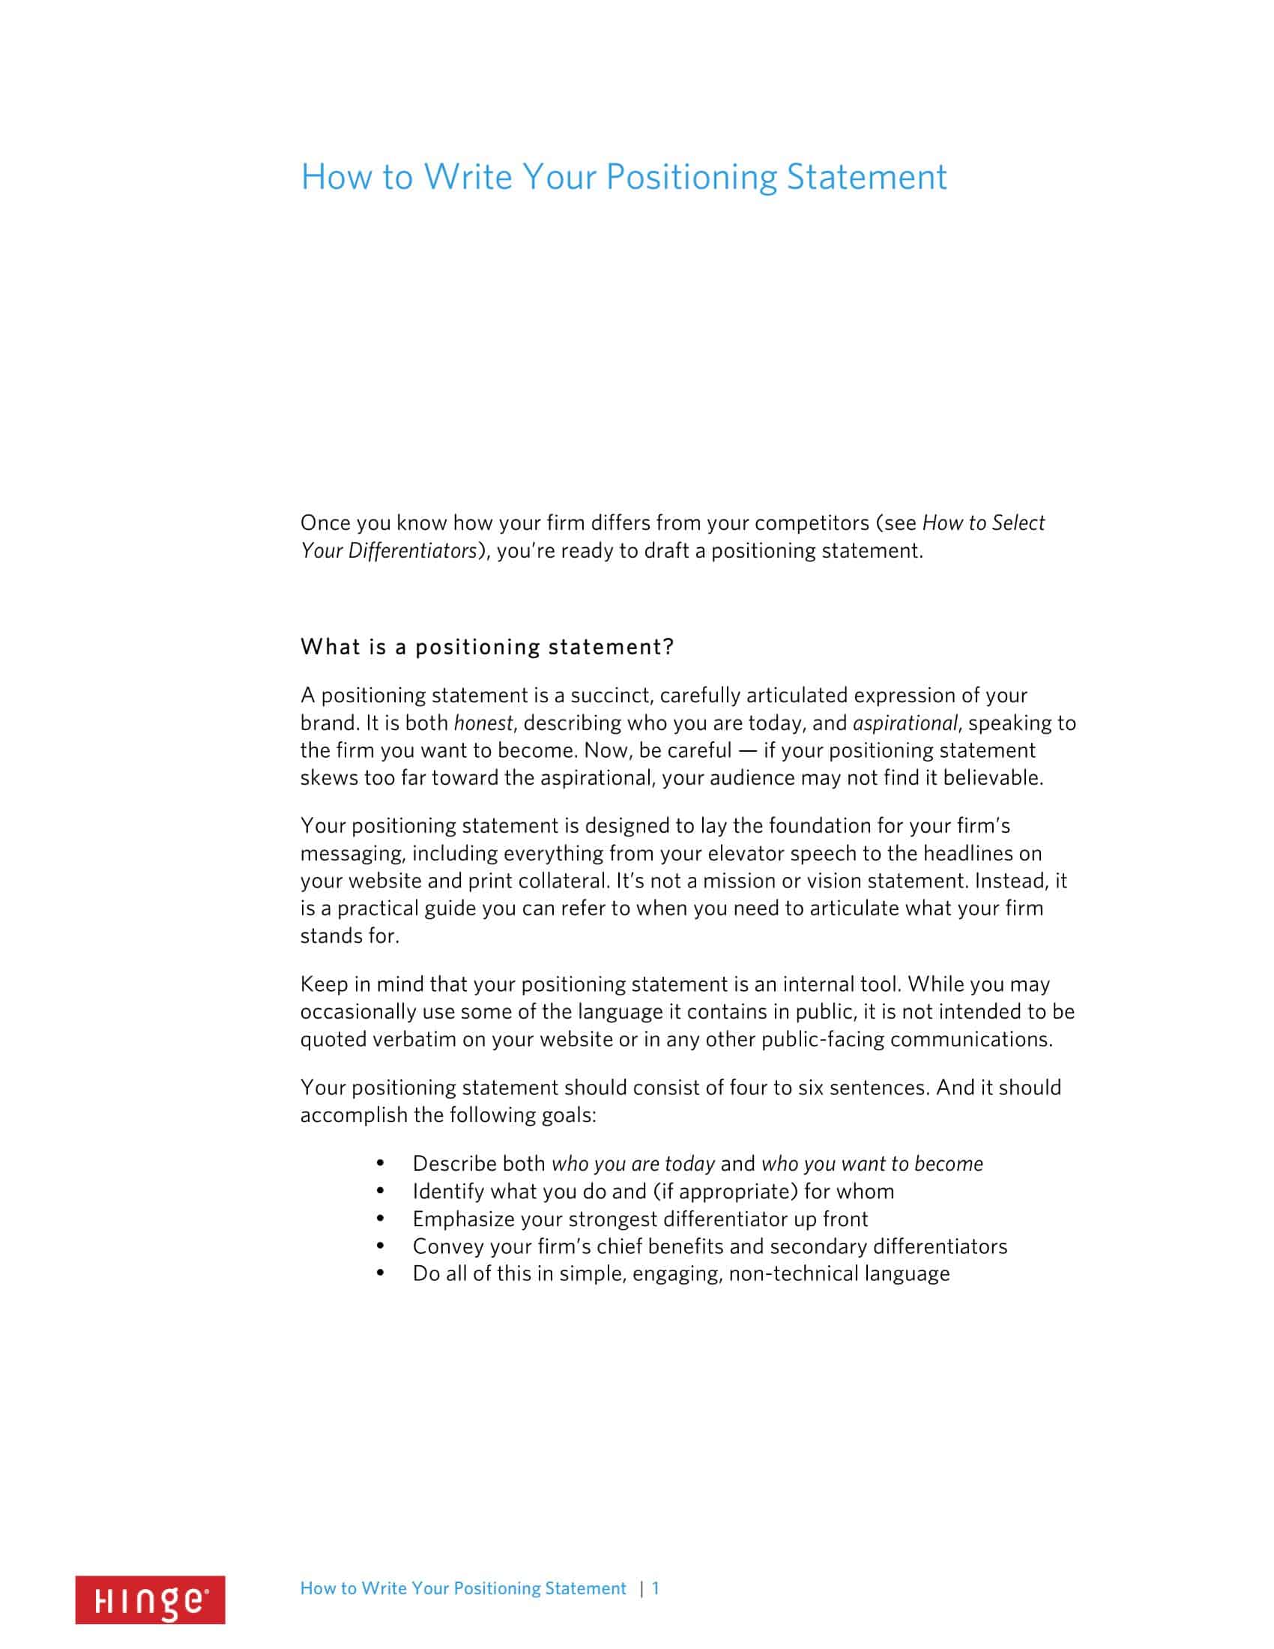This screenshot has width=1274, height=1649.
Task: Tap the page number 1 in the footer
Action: pyautogui.click(x=656, y=1588)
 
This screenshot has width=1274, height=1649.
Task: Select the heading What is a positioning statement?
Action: pyautogui.click(x=487, y=647)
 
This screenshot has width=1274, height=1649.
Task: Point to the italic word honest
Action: pyautogui.click(x=483, y=723)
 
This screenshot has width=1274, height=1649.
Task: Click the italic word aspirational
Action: pyautogui.click(x=905, y=723)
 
